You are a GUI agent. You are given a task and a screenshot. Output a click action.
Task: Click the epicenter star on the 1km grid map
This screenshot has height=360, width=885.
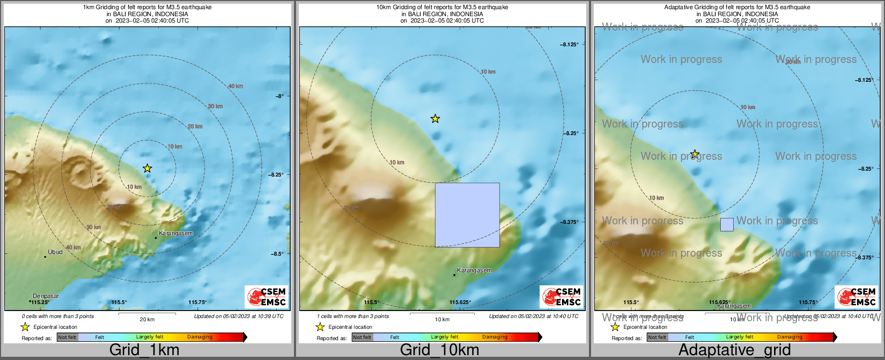click(x=147, y=168)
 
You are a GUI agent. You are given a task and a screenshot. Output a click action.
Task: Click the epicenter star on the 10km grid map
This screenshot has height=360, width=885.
click(x=435, y=118)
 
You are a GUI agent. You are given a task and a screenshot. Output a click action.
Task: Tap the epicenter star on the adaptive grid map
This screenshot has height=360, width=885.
click(x=695, y=154)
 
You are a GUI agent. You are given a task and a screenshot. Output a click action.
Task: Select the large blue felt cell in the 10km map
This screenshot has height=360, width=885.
click(x=467, y=215)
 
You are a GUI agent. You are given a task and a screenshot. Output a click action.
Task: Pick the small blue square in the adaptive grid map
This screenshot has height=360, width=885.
click(x=727, y=224)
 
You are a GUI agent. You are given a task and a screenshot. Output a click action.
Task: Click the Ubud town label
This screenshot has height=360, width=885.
click(x=55, y=252)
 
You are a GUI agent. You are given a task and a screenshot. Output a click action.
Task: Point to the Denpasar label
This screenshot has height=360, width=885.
click(x=46, y=296)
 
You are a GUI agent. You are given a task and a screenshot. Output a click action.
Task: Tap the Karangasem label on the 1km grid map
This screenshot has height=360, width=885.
click(x=175, y=233)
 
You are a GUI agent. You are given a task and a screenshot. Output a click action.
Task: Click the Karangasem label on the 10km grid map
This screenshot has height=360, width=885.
click(x=474, y=270)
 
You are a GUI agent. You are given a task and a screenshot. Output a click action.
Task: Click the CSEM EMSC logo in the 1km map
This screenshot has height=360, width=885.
click(x=266, y=297)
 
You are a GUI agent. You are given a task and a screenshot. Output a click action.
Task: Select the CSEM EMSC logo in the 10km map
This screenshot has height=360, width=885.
click(x=561, y=297)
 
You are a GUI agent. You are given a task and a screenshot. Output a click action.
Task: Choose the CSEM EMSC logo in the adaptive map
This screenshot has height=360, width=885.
click(x=856, y=297)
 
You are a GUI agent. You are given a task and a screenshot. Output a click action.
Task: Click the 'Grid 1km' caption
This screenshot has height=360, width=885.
click(x=144, y=350)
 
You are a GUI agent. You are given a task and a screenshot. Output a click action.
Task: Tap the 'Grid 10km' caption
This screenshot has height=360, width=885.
click(x=439, y=350)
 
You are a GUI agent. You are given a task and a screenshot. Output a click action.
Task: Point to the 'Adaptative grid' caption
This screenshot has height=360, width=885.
click(x=734, y=350)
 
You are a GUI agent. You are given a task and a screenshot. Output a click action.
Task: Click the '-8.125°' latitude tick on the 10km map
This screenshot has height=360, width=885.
click(x=570, y=44)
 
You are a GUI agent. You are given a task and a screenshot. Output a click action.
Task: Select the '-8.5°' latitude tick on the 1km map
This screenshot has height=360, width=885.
click(x=277, y=253)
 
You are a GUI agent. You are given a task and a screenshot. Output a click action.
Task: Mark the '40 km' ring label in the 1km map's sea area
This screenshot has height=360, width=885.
click(x=235, y=86)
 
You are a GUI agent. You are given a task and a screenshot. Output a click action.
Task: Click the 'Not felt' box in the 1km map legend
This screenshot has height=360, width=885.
click(x=67, y=337)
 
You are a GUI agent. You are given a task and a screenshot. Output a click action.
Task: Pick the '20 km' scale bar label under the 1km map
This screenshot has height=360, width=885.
click(x=147, y=319)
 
